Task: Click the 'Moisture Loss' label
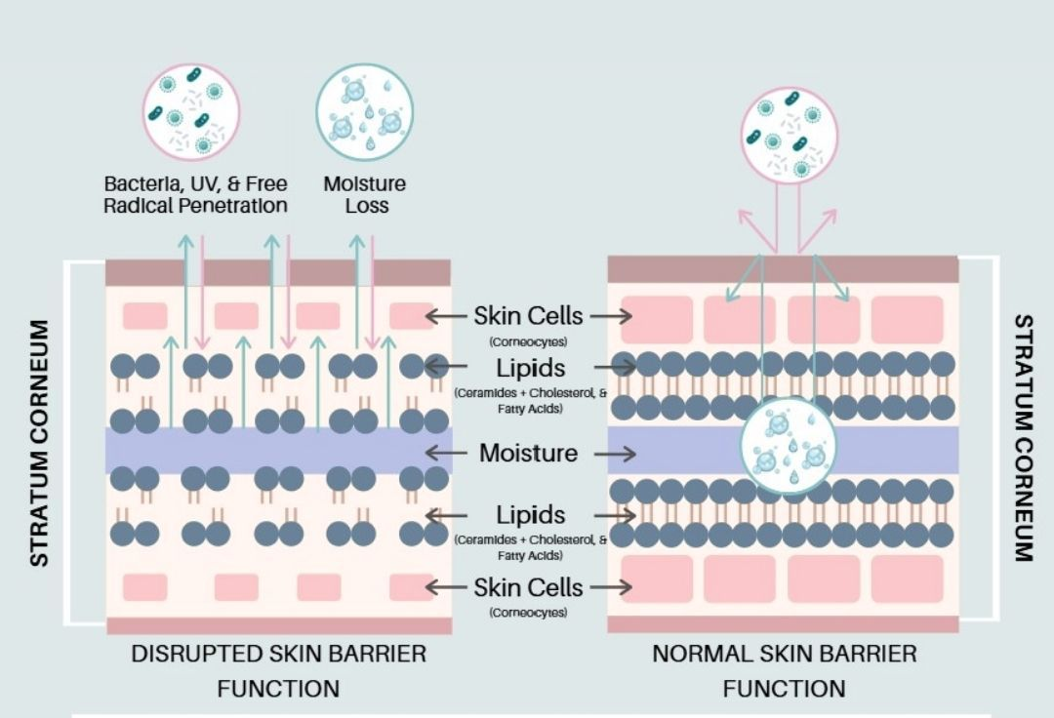pyautogui.click(x=365, y=194)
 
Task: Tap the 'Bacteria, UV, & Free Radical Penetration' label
pyautogui.click(x=195, y=194)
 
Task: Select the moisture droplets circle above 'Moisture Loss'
pyautogui.click(x=365, y=111)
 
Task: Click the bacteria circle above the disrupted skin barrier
pyautogui.click(x=191, y=111)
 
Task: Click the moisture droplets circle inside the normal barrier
pyautogui.click(x=788, y=444)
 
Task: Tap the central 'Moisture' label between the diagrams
pyautogui.click(x=528, y=454)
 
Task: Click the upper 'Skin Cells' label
pyautogui.click(x=528, y=316)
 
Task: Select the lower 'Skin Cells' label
pyautogui.click(x=528, y=587)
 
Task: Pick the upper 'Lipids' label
pyautogui.click(x=530, y=368)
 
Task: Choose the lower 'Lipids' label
pyautogui.click(x=530, y=514)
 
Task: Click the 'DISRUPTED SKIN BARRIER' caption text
pyautogui.click(x=278, y=654)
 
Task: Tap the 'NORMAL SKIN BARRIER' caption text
pyautogui.click(x=785, y=654)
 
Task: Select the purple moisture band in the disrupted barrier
pyautogui.click(x=278, y=450)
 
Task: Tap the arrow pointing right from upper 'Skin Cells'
pyautogui.click(x=612, y=316)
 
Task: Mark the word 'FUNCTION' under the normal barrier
pyautogui.click(x=785, y=689)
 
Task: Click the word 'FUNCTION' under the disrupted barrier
pyautogui.click(x=278, y=689)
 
